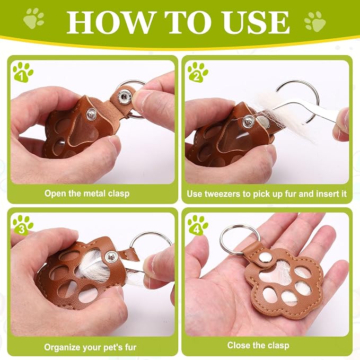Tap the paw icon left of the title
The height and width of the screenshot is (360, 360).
[x=33, y=19]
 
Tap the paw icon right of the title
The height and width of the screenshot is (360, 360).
[x=315, y=22]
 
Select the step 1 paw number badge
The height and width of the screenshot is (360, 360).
[x=23, y=72]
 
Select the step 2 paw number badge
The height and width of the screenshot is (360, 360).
[x=198, y=72]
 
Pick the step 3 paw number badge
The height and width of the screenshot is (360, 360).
[x=23, y=225]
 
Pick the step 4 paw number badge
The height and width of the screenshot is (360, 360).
[x=198, y=225]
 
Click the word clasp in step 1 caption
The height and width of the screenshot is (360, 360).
[x=119, y=194]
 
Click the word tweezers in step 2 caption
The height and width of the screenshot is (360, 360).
[x=223, y=194]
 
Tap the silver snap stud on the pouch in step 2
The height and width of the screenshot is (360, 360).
[x=248, y=121]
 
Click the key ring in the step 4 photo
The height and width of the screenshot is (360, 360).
[x=240, y=239]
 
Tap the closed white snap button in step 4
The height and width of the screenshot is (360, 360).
[x=266, y=258]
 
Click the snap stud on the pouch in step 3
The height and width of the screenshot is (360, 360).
[x=111, y=257]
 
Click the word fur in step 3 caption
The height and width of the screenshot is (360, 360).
[x=130, y=347]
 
